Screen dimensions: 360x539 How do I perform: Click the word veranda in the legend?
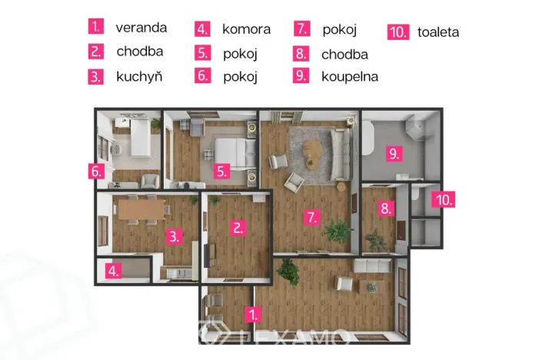pos(141,27)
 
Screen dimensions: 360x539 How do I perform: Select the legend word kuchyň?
pos(139,76)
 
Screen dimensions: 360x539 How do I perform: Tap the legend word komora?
pos(246,29)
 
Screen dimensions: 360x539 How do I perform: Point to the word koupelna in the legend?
pos(350,76)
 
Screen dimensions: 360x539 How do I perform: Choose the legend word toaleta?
pos(438,32)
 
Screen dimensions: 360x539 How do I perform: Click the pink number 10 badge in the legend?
pos(398,32)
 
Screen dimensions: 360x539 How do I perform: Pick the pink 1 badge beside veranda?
pos(96,27)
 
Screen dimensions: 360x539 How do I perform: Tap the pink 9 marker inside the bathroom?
pos(394,154)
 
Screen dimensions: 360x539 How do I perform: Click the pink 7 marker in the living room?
pos(311,218)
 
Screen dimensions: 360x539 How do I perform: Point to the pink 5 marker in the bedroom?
pos(221,172)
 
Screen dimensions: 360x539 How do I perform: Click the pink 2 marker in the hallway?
pos(238,227)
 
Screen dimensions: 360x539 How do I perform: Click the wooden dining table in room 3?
pos(138,206)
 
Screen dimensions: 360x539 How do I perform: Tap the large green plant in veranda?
pos(288,272)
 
